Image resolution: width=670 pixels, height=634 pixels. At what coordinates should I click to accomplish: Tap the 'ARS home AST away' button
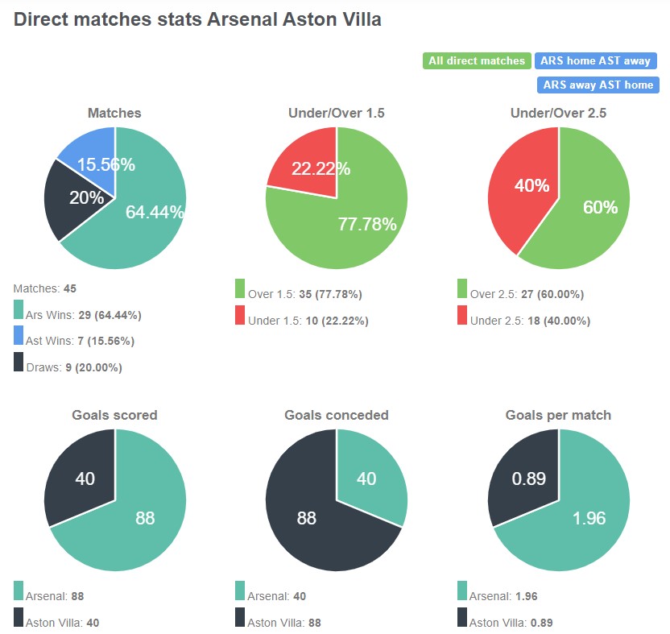click(x=596, y=61)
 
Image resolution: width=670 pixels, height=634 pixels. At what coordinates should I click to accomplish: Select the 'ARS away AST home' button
click(x=597, y=85)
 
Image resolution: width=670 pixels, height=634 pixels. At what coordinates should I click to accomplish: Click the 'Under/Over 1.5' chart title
click(x=337, y=114)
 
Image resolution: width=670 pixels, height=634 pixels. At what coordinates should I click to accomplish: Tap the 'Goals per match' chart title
click(x=558, y=416)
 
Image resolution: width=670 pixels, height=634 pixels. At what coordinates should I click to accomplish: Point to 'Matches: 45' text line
click(x=45, y=288)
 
